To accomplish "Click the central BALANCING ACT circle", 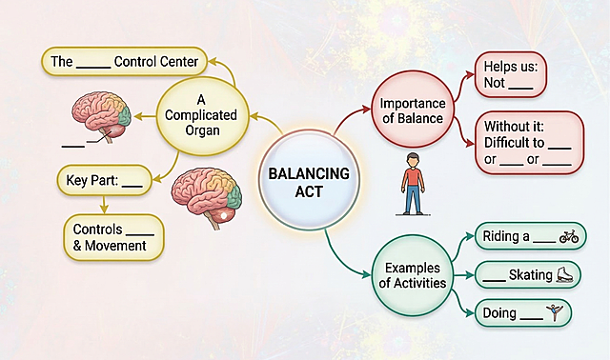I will click(307, 181).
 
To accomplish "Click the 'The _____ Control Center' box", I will click(124, 63).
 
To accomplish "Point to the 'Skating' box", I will click(527, 275).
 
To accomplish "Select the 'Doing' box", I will click(527, 312).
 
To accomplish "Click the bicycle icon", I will click(569, 237).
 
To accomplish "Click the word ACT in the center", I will click(307, 193).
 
